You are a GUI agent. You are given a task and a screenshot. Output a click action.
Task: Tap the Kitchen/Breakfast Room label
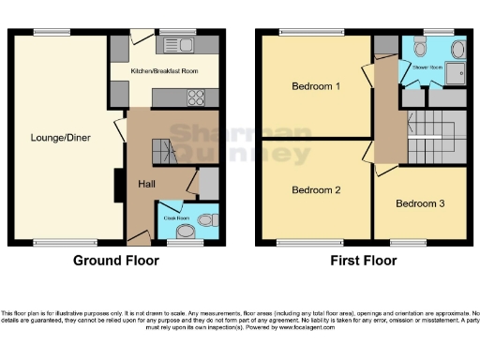coord(164,71)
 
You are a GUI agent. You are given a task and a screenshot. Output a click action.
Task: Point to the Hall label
coord(146,184)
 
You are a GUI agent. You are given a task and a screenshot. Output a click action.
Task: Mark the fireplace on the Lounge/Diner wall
coord(118,185)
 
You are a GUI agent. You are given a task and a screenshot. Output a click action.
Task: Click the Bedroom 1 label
coord(313,87)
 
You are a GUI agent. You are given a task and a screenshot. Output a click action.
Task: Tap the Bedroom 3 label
coord(418,203)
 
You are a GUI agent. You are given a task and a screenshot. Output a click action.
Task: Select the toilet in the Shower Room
coord(419,49)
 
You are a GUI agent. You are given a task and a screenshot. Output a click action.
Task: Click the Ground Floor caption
coord(116,260)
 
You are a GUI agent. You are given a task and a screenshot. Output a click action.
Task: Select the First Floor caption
coord(361,260)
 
